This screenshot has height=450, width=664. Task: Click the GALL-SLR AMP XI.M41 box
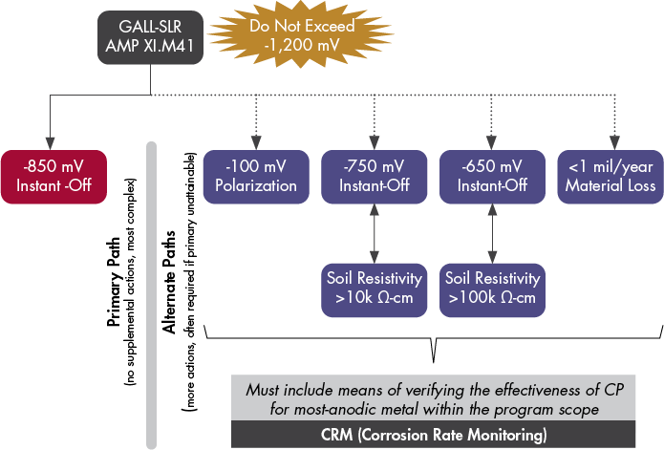pos(150,39)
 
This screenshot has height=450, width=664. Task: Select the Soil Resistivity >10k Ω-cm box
pos(374,289)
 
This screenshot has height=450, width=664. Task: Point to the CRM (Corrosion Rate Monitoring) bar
pos(447,435)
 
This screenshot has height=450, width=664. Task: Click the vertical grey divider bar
pos(150,287)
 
